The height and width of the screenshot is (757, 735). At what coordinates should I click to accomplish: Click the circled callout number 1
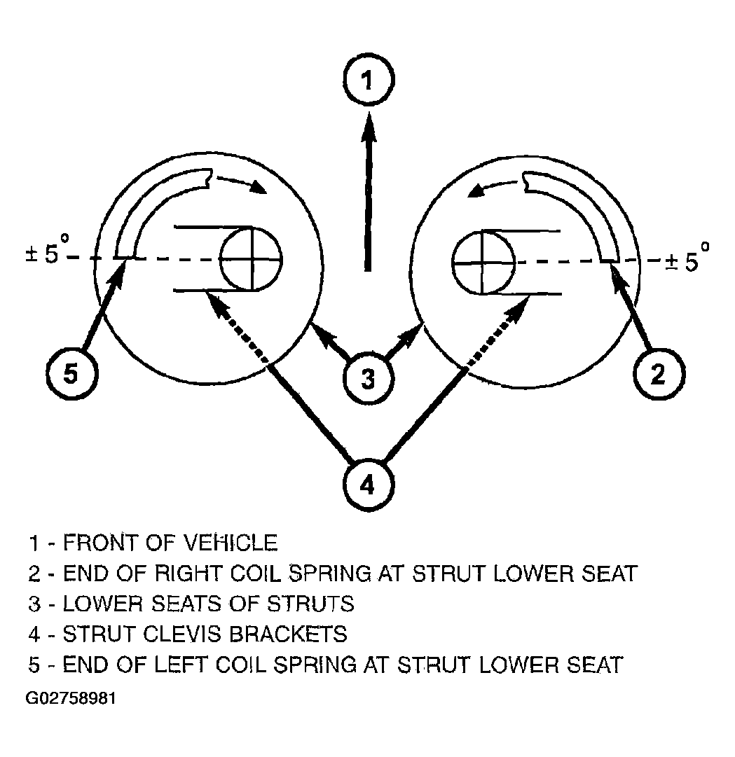pyautogui.click(x=369, y=80)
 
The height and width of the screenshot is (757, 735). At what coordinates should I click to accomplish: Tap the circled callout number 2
pyautogui.click(x=659, y=373)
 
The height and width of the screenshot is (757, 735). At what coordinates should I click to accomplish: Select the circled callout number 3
pyautogui.click(x=368, y=378)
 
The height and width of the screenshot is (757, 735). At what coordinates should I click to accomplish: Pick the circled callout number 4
pyautogui.click(x=368, y=484)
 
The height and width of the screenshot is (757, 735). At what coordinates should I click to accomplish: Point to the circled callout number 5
pyautogui.click(x=71, y=373)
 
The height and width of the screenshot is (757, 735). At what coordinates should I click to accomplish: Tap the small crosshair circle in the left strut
pyautogui.click(x=252, y=259)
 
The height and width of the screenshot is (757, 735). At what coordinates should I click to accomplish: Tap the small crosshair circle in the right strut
pyautogui.click(x=483, y=263)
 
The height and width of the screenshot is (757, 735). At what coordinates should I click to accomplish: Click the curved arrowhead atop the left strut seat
pyautogui.click(x=256, y=187)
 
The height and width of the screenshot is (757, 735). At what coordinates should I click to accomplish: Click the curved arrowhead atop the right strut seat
pyautogui.click(x=477, y=190)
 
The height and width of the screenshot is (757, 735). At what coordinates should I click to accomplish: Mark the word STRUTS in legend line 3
pyautogui.click(x=310, y=604)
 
